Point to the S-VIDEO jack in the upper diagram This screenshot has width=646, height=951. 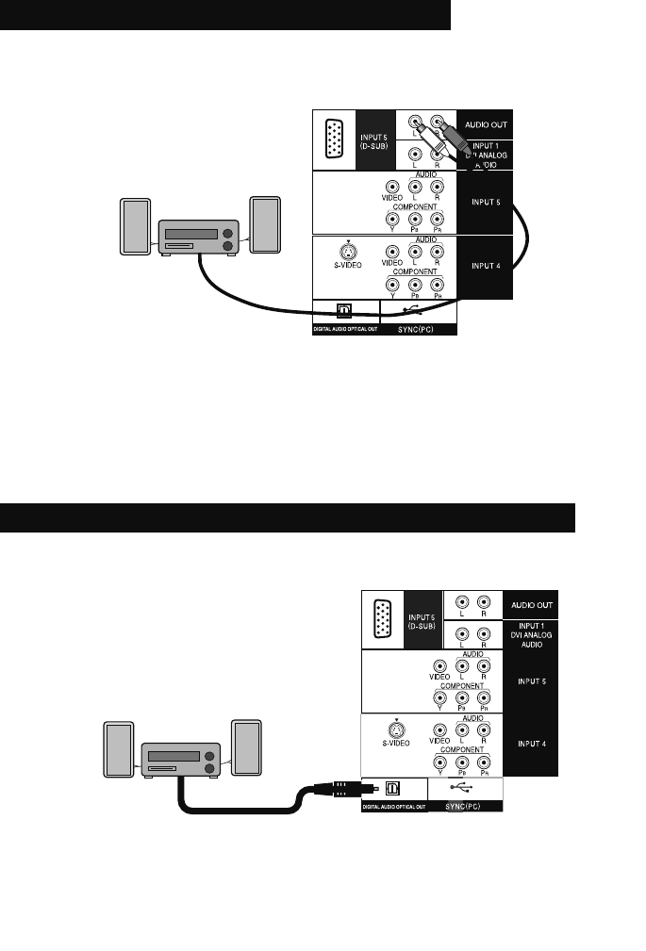point(349,252)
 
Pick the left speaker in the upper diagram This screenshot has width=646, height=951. point(134,225)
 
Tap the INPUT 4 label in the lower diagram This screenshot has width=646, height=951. point(530,742)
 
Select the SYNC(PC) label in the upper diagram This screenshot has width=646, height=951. point(419,331)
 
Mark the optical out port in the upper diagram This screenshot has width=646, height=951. point(345,309)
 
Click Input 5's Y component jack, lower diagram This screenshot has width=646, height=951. point(439,698)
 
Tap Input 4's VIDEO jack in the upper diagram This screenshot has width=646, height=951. point(391,253)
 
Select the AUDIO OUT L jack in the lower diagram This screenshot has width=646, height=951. point(461,602)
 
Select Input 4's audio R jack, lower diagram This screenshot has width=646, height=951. point(484,730)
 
